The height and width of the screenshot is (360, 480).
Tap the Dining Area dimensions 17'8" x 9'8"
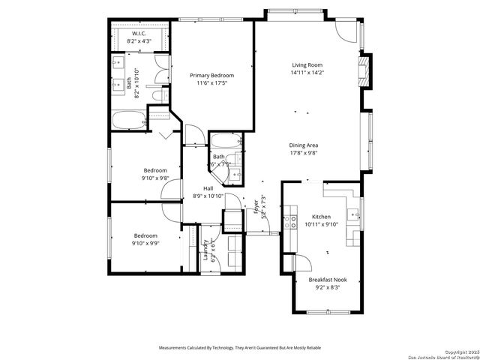[304, 152]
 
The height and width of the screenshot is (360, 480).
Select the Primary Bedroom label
[211, 75]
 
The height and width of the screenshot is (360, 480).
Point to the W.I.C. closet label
[139, 34]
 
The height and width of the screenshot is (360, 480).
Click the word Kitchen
[322, 215]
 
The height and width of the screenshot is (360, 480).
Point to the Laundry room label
[206, 250]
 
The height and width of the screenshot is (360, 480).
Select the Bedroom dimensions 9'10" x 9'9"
[145, 242]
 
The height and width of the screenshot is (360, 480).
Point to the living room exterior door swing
[346, 28]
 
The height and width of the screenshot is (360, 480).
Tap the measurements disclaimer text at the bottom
[239, 348]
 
